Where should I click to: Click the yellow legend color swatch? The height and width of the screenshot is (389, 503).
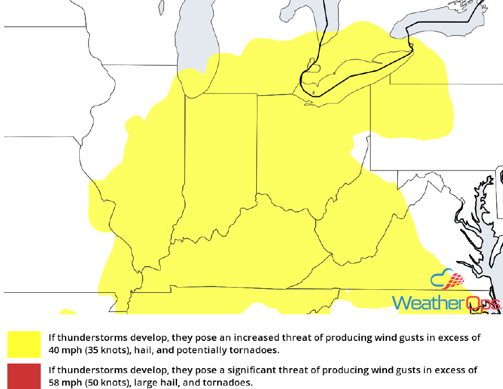click(x=24, y=344)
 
